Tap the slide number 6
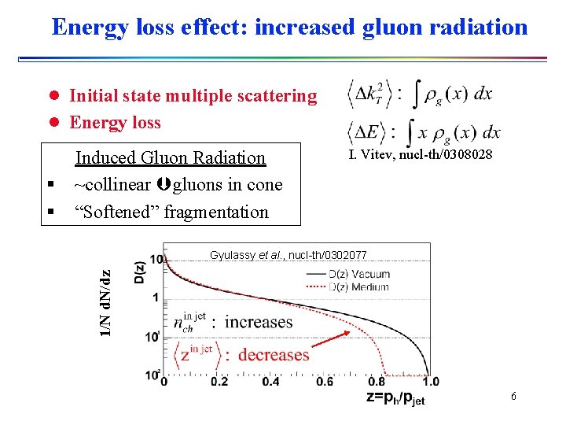click(x=513, y=396)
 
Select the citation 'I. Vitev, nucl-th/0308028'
click(x=421, y=155)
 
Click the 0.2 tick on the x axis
click(x=219, y=382)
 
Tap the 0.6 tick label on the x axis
click(x=325, y=382)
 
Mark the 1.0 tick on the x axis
click(x=431, y=382)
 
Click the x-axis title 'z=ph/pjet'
click(x=395, y=398)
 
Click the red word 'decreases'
click(x=274, y=354)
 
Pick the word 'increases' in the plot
click(x=259, y=322)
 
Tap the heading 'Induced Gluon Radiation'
click(x=171, y=157)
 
